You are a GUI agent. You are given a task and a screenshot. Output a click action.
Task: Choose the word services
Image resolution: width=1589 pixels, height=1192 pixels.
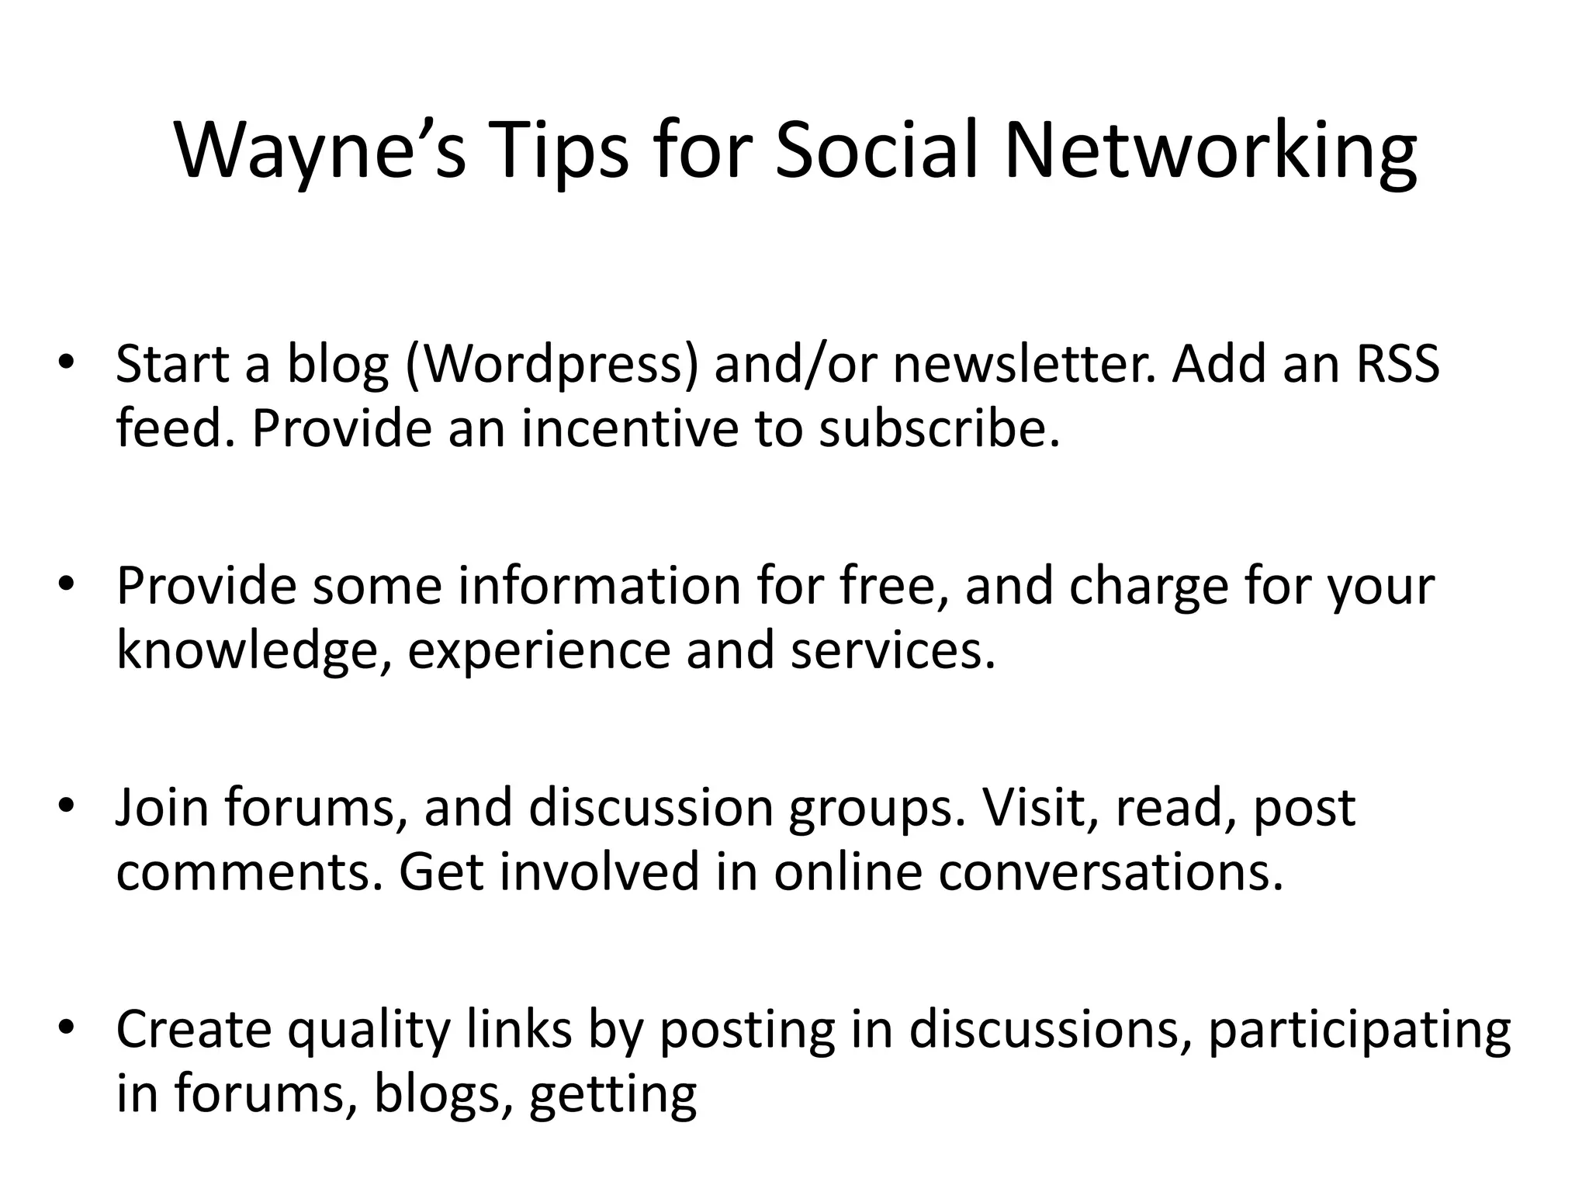tap(892, 650)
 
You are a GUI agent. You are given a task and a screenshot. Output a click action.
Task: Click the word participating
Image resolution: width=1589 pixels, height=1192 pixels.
tap(1359, 1031)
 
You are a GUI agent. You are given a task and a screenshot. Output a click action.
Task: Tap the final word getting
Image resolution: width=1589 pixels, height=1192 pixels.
tap(612, 1096)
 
